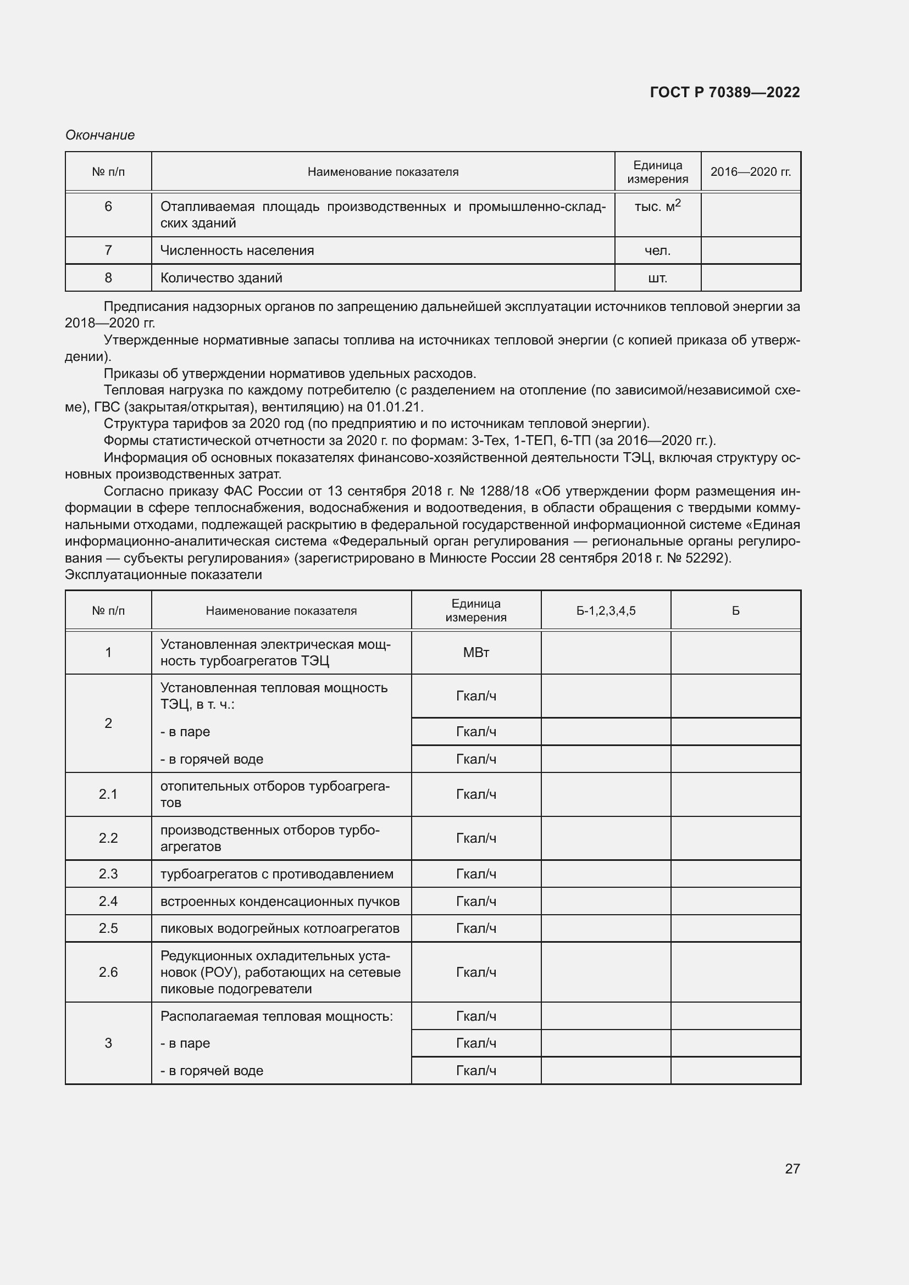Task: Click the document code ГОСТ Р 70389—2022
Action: (724, 92)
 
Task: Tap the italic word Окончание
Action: (100, 135)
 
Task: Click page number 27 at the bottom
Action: (792, 1169)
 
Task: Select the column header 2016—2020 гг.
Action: (751, 172)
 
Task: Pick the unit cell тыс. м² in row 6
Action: (657, 206)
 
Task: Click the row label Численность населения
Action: (237, 250)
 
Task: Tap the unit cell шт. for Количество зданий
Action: (657, 277)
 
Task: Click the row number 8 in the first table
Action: (108, 277)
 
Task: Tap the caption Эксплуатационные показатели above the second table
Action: (163, 575)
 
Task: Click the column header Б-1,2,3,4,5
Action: (606, 610)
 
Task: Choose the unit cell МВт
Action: (476, 653)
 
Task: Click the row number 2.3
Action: (108, 874)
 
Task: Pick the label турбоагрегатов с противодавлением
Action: (276, 874)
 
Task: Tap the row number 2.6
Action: (108, 972)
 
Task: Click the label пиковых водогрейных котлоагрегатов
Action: (279, 928)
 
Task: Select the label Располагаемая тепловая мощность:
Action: (276, 1016)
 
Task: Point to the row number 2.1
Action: (108, 794)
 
